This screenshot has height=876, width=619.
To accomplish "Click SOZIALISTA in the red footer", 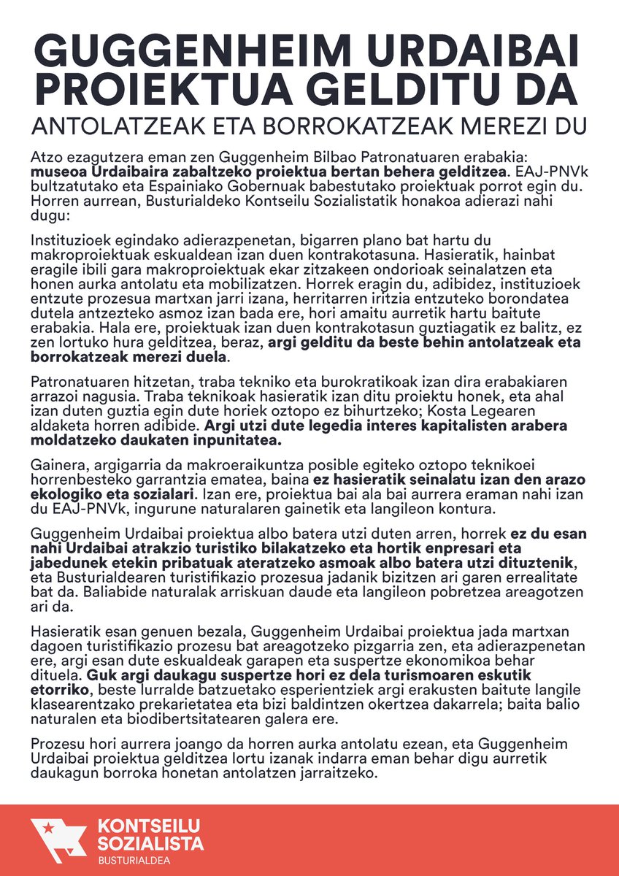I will point(150,845).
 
